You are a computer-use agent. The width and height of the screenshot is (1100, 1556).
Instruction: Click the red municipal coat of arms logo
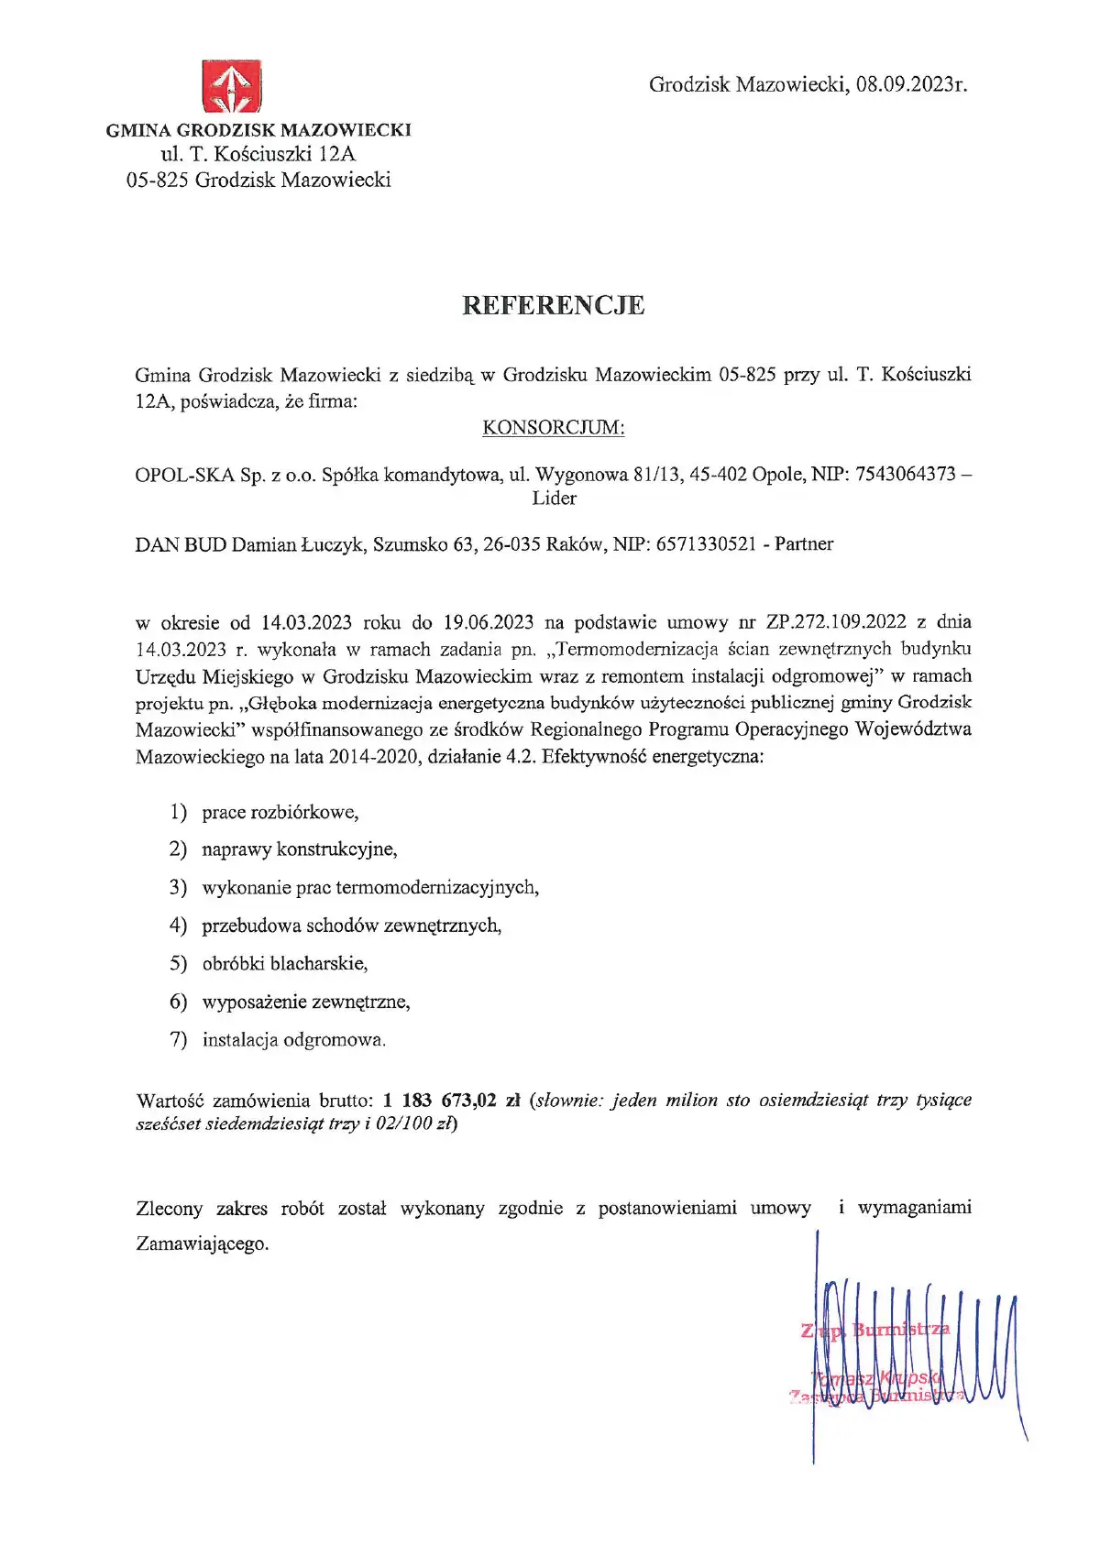point(232,88)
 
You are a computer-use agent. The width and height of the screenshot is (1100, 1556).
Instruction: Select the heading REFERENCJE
point(553,305)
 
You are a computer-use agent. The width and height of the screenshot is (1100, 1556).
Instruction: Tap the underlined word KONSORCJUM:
point(553,428)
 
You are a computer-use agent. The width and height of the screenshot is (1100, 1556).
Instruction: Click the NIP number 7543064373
point(905,475)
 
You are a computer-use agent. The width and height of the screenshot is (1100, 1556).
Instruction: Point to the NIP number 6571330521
point(706,544)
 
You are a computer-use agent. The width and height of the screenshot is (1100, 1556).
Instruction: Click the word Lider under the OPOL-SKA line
point(554,499)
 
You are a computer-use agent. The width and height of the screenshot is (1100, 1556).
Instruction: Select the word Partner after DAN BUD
point(804,544)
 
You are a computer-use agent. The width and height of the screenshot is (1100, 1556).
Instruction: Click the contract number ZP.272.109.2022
point(836,622)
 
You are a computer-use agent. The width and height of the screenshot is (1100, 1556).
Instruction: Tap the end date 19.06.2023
point(488,622)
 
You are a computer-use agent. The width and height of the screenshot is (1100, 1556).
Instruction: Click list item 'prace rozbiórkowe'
point(280,813)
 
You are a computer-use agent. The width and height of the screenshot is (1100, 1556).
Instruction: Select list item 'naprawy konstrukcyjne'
point(299,849)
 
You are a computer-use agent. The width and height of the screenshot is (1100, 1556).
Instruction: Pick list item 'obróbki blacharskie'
point(284,964)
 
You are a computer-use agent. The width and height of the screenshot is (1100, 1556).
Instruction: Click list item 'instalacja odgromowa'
point(293,1040)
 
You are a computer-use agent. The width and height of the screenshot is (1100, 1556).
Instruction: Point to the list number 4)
point(178,926)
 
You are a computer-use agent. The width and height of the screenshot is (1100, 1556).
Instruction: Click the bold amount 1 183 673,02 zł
point(451,1100)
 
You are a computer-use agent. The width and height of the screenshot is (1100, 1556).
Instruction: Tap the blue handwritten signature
point(917,1347)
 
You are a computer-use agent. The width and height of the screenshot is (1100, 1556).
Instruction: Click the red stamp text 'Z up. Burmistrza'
point(875,1330)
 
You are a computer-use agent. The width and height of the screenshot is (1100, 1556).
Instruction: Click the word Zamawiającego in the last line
point(202,1244)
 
